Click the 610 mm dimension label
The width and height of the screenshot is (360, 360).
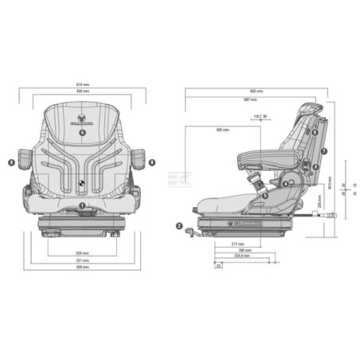pyautogui.click(x=83, y=84)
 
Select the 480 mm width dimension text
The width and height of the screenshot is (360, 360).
pyautogui.click(x=83, y=92)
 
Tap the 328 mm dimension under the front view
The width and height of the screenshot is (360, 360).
pyautogui.click(x=83, y=253)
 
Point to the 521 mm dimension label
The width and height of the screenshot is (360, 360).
pyautogui.click(x=83, y=260)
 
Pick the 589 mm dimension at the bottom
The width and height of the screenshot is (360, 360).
pyautogui.click(x=83, y=268)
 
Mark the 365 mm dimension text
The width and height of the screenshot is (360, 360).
pyautogui.click(x=222, y=129)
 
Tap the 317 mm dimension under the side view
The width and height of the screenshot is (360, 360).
pyautogui.click(x=237, y=245)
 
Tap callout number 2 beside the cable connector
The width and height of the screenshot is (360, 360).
pyautogui.click(x=179, y=225)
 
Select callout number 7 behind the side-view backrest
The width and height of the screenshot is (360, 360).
pyautogui.click(x=324, y=151)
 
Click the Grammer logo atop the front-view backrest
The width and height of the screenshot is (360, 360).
pyautogui.click(x=84, y=121)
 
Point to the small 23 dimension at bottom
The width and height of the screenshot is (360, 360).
pyautogui.click(x=219, y=267)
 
